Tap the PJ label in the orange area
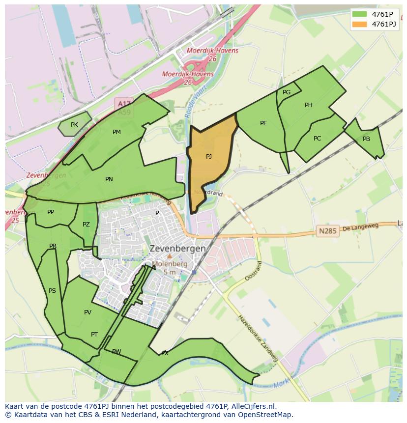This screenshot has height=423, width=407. [209, 157]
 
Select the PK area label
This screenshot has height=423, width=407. [74, 125]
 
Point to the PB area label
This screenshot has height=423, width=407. [366, 139]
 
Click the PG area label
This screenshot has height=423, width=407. [287, 92]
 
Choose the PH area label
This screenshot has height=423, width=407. [309, 105]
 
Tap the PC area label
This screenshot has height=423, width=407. [317, 139]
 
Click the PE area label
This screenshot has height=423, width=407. [263, 123]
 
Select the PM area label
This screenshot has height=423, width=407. [116, 132]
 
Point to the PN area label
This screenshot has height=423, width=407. [109, 179]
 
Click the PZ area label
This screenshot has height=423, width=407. [86, 225]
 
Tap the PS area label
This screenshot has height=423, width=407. [52, 291]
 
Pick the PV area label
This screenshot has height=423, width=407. [87, 312]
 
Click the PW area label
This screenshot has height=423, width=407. [116, 352]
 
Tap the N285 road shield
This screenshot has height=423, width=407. [328, 231]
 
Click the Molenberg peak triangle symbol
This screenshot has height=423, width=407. [170, 256]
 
